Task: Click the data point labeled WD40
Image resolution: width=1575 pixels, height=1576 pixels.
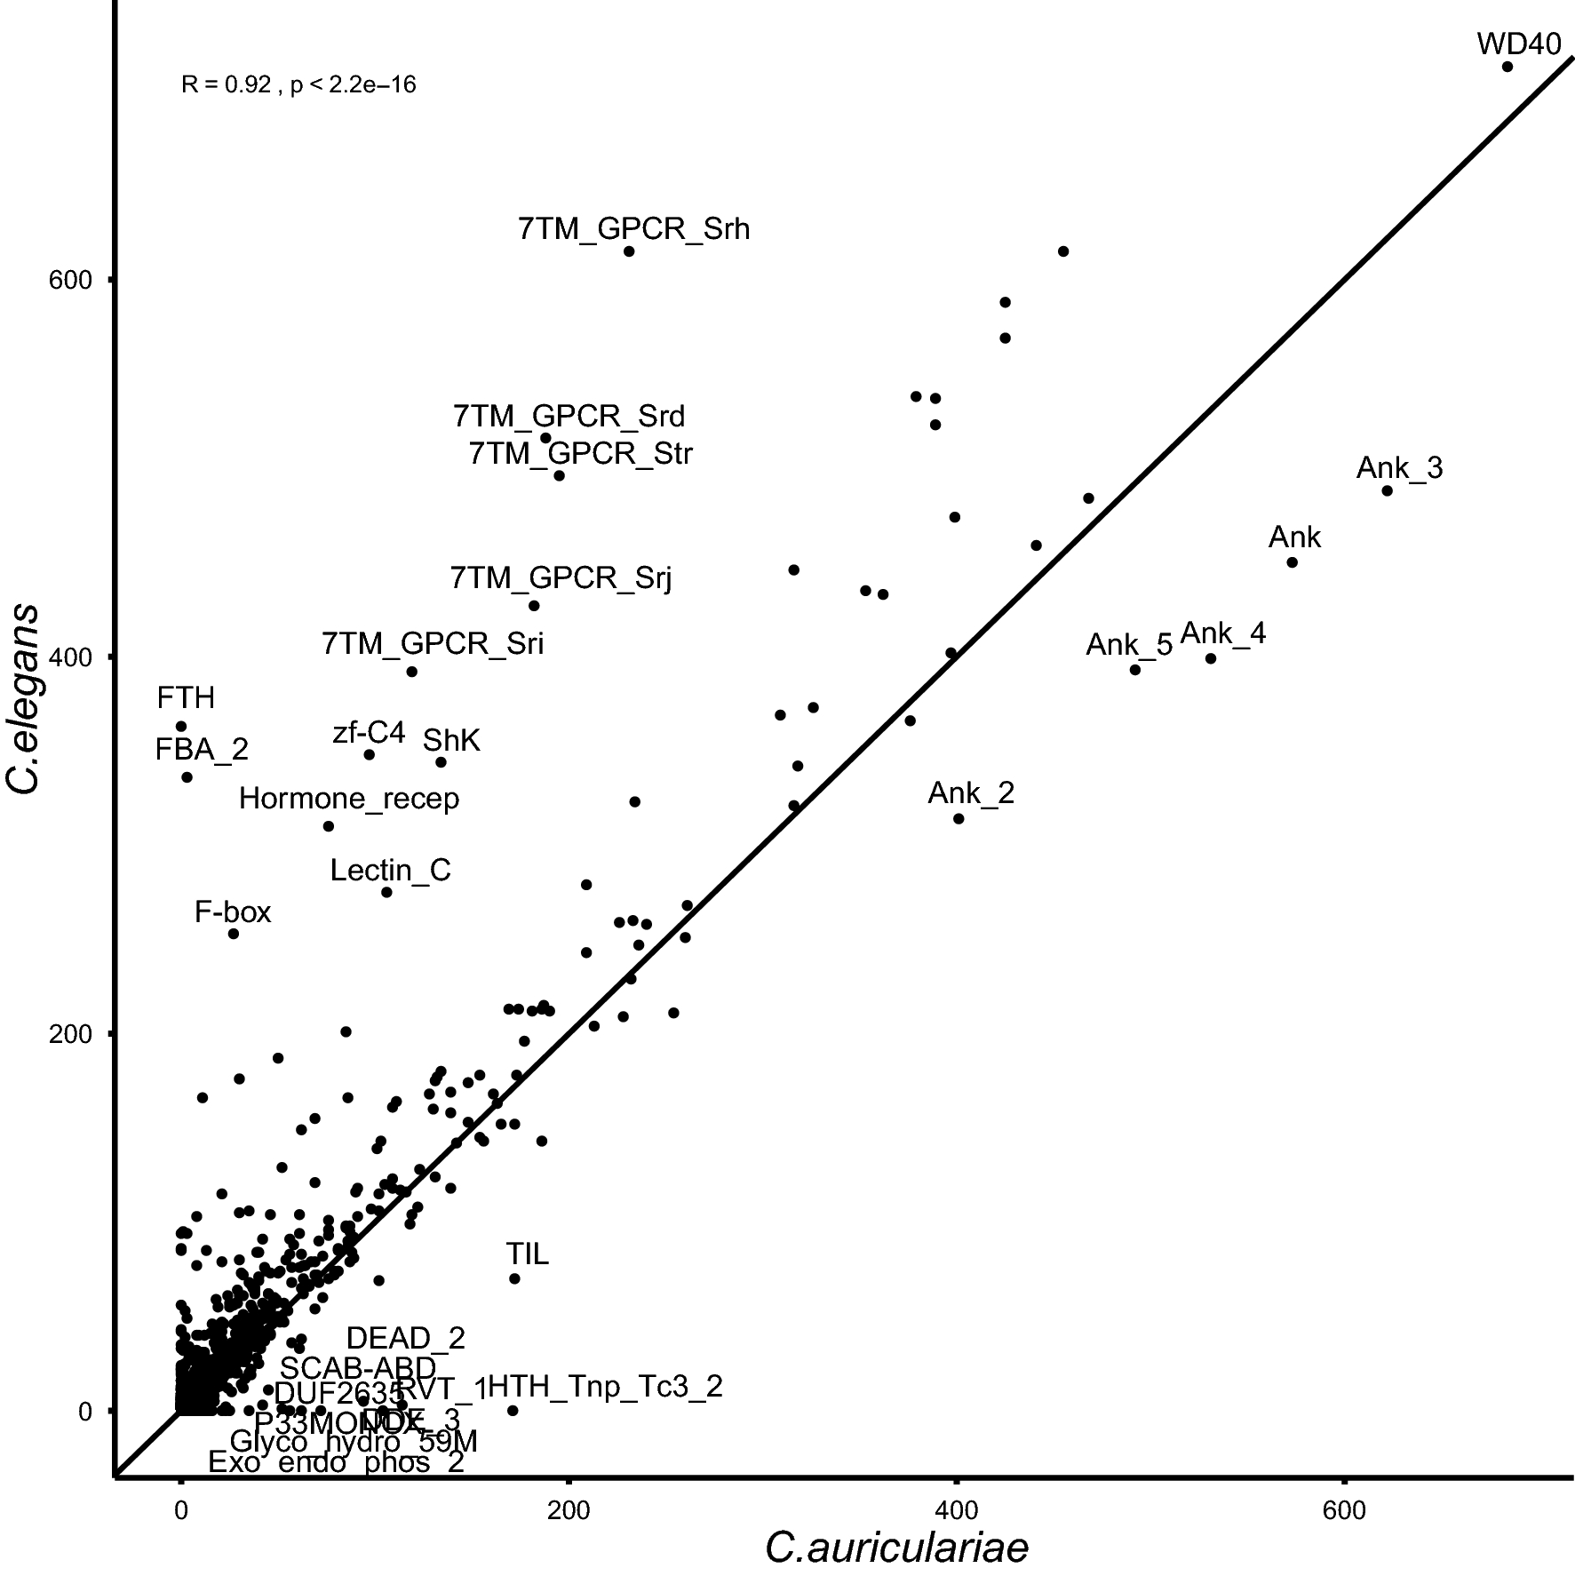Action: click(1507, 67)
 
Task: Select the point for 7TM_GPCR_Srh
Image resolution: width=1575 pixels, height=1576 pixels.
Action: click(629, 251)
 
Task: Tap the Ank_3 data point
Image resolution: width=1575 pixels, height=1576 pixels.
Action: click(1388, 491)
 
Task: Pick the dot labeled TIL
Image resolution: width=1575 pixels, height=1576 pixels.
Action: click(514, 1278)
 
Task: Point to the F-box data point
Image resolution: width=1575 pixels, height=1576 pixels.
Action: click(234, 934)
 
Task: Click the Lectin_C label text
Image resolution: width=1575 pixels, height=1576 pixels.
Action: click(390, 870)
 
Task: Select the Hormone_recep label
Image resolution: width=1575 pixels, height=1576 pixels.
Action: click(349, 799)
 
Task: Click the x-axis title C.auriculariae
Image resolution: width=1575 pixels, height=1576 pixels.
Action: click(896, 1548)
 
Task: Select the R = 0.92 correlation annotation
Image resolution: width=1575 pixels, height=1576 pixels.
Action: click(298, 85)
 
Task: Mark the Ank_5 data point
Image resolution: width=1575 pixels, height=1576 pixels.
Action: click(1135, 670)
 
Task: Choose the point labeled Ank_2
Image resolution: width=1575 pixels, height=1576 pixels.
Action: click(959, 818)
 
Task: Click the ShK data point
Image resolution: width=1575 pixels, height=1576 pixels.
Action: click(441, 762)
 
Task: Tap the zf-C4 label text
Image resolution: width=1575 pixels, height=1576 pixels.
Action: click(369, 733)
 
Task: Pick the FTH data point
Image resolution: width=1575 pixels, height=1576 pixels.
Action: click(181, 727)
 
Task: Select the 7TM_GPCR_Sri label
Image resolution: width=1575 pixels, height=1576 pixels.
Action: click(433, 643)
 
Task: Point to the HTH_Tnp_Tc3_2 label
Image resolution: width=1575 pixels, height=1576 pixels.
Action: click(605, 1387)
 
